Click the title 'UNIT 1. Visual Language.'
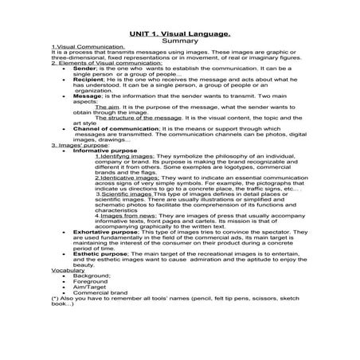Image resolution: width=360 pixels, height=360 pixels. pos(179,33)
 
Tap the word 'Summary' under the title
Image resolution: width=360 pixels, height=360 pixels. pos(179,41)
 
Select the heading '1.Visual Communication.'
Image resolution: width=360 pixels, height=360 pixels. pos(80,48)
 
